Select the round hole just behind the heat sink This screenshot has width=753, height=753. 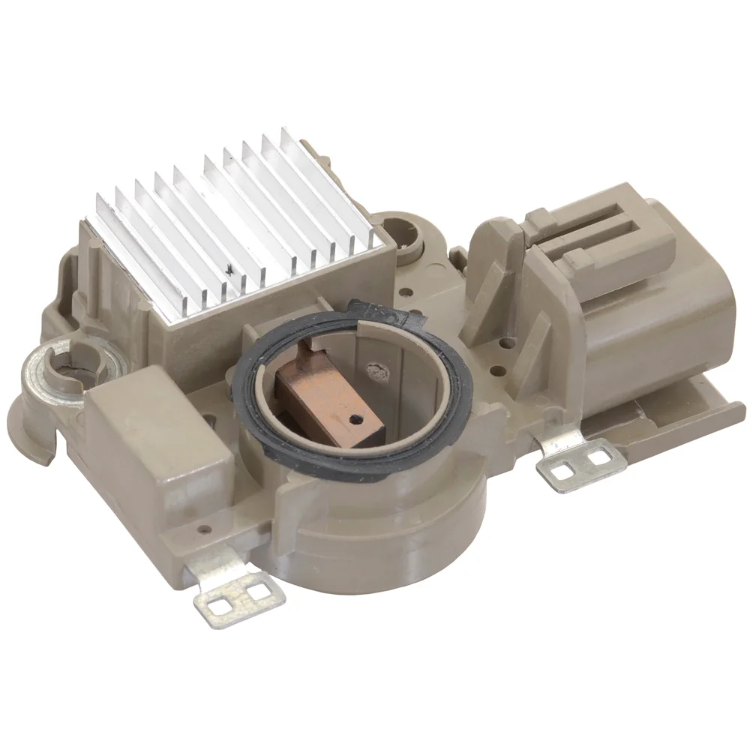point(398,226)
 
